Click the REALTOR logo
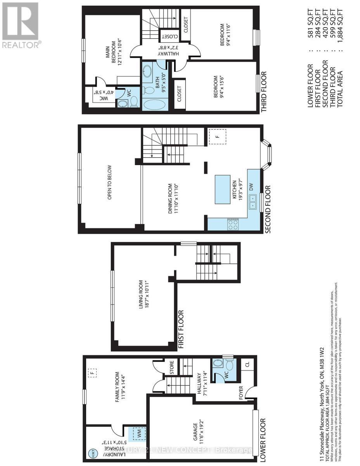coord(20,25)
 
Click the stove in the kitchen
coord(232,224)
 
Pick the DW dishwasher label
coord(251,187)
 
